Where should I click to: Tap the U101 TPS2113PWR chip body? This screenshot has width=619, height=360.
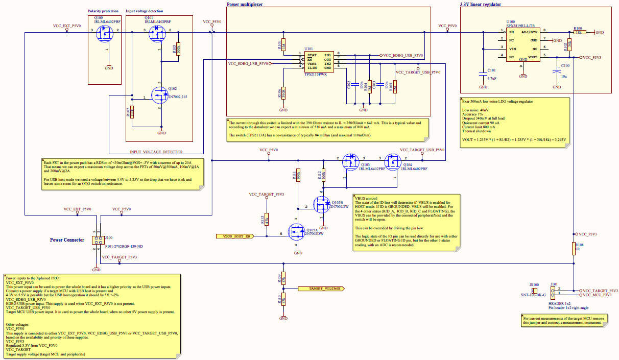[319, 61]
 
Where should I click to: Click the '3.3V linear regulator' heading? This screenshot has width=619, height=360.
[480, 4]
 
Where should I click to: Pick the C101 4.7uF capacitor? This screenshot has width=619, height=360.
[483, 74]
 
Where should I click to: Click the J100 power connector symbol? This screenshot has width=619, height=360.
[97, 240]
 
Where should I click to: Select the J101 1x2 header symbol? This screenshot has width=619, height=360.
[554, 292]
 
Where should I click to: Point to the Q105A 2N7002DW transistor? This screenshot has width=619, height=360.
[296, 233]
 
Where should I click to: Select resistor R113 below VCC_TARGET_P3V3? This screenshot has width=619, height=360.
[266, 220]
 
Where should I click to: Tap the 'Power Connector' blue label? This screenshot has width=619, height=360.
[67, 240]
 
